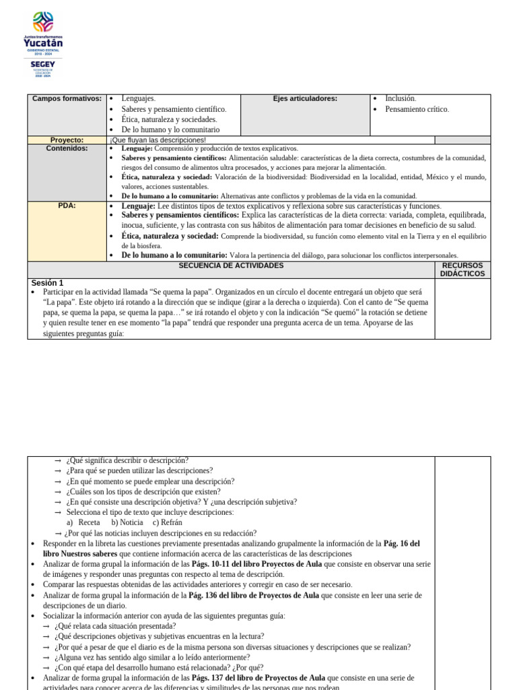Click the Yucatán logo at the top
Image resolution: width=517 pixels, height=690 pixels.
[43, 32]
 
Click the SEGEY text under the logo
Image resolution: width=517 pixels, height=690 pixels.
[43, 65]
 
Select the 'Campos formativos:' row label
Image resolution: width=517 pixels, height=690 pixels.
[67, 98]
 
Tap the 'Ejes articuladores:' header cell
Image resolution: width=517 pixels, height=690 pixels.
[305, 98]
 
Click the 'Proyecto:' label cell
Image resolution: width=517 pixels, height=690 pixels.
[67, 140]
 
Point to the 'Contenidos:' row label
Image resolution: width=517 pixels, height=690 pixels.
[67, 148]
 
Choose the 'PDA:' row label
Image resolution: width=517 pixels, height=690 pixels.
[67, 206]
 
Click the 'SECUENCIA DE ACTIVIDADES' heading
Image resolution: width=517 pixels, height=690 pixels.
[231, 265]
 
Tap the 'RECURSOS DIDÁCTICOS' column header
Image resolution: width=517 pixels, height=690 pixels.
[462, 270]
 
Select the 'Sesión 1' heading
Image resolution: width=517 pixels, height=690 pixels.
[47, 283]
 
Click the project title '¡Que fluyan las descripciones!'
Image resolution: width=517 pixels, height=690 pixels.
[158, 140]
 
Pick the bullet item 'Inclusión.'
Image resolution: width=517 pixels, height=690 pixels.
[401, 98]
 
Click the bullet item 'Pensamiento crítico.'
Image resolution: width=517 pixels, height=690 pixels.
[417, 109]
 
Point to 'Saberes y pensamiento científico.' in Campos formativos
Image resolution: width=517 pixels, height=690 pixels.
[174, 109]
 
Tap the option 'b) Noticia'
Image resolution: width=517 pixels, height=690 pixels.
[127, 522]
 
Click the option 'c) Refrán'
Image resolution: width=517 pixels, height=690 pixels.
[167, 522]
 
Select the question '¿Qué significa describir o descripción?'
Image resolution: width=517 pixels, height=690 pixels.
[127, 460]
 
